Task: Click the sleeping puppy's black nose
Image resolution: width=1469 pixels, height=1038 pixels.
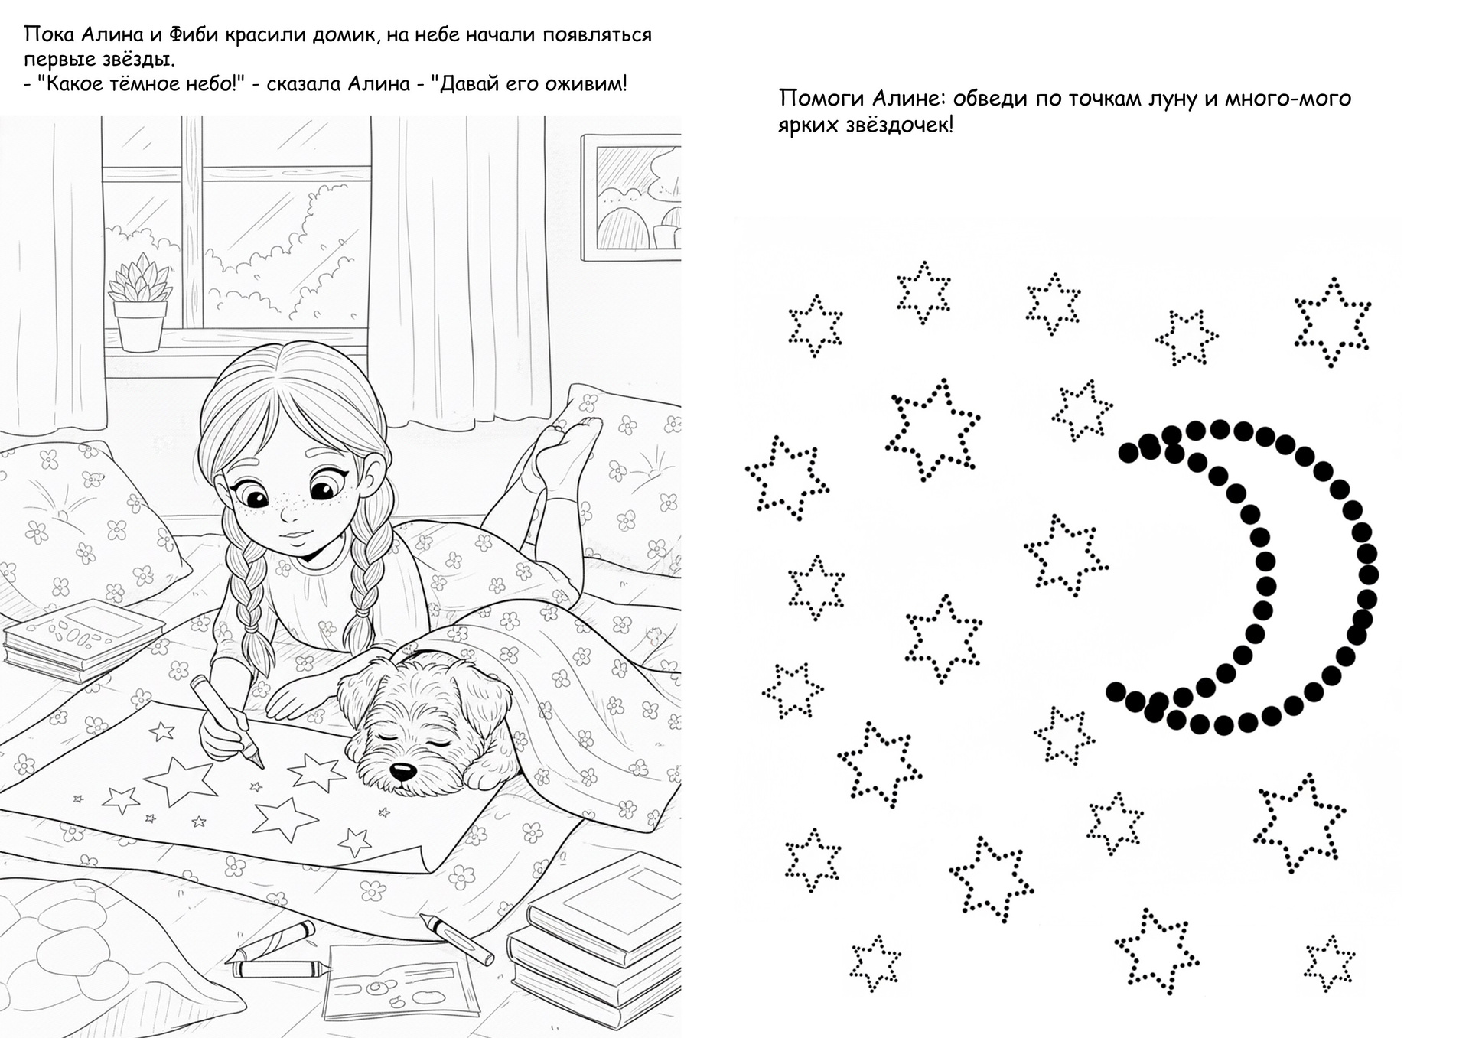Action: [x=400, y=770]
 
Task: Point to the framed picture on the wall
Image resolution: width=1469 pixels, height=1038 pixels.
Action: [x=630, y=197]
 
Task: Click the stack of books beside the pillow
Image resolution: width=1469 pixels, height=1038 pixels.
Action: [x=85, y=639]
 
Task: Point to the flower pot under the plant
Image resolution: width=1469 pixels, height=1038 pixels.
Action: [x=140, y=326]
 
